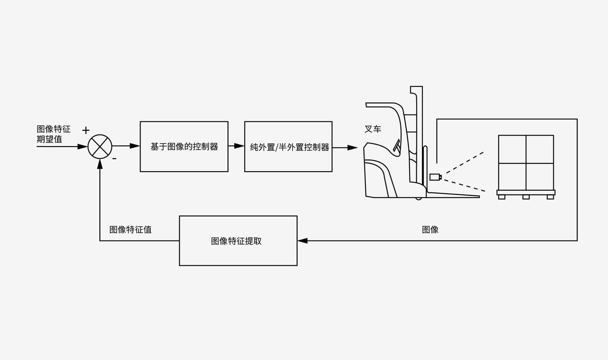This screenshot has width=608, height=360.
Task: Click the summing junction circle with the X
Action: point(100,147)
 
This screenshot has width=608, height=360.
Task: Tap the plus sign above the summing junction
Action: point(86,130)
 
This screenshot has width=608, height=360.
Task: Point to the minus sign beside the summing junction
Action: point(114,158)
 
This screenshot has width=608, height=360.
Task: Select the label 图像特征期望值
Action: point(53,134)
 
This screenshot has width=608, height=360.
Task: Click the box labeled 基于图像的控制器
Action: point(184,147)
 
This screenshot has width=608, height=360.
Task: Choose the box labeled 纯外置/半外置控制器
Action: point(288,147)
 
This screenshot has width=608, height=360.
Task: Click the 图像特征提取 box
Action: point(238,241)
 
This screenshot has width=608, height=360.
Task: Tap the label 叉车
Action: point(373,129)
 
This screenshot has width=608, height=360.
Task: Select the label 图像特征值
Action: point(130,230)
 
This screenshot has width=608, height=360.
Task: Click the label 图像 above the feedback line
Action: point(430,230)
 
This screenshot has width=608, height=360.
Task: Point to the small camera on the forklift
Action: point(435,177)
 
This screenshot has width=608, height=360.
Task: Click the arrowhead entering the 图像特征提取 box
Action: point(302,240)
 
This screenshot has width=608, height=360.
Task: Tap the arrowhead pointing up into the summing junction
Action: point(100,164)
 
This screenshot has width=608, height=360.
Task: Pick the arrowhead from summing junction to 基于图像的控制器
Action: point(134,146)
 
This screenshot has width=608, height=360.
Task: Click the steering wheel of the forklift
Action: point(396,146)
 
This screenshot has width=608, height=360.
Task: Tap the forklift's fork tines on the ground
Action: point(454,195)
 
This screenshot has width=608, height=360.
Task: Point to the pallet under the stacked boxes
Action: point(526,194)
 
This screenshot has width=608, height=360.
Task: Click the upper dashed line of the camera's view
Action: point(463,163)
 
